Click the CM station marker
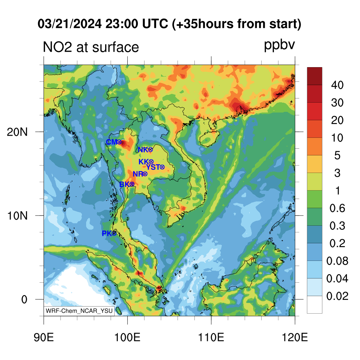click(x=119, y=142)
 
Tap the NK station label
click(x=143, y=150)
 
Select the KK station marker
click(x=151, y=162)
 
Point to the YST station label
click(x=153, y=167)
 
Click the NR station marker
click(x=145, y=174)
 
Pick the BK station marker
click(x=132, y=184)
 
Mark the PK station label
click(x=107, y=233)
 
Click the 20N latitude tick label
click(x=17, y=132)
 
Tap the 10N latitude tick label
click(x=17, y=216)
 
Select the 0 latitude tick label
click(x=24, y=300)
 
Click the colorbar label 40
click(x=337, y=85)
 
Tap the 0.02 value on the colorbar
click(x=337, y=296)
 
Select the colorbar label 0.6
click(x=337, y=208)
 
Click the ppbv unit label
click(x=279, y=46)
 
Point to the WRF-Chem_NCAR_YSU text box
click(x=79, y=311)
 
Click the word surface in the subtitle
click(x=115, y=47)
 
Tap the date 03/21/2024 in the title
click(x=70, y=24)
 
